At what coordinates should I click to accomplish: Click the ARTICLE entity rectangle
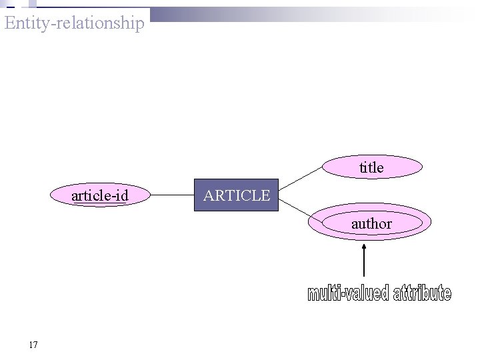tap(236, 195)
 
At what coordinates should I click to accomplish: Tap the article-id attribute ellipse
tap(100, 195)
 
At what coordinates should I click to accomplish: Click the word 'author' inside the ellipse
tap(371, 224)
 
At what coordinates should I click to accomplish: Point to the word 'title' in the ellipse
tap(371, 168)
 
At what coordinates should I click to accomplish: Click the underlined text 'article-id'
tap(100, 196)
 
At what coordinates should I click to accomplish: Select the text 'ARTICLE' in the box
tap(237, 195)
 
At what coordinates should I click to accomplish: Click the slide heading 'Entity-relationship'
tap(73, 23)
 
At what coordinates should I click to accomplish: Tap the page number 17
tap(33, 345)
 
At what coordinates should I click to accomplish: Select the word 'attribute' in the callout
tap(423, 293)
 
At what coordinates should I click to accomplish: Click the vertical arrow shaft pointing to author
tap(364, 264)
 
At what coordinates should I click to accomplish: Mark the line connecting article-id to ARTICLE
tap(171, 195)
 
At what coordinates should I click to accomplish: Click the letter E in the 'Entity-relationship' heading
tap(9, 23)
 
